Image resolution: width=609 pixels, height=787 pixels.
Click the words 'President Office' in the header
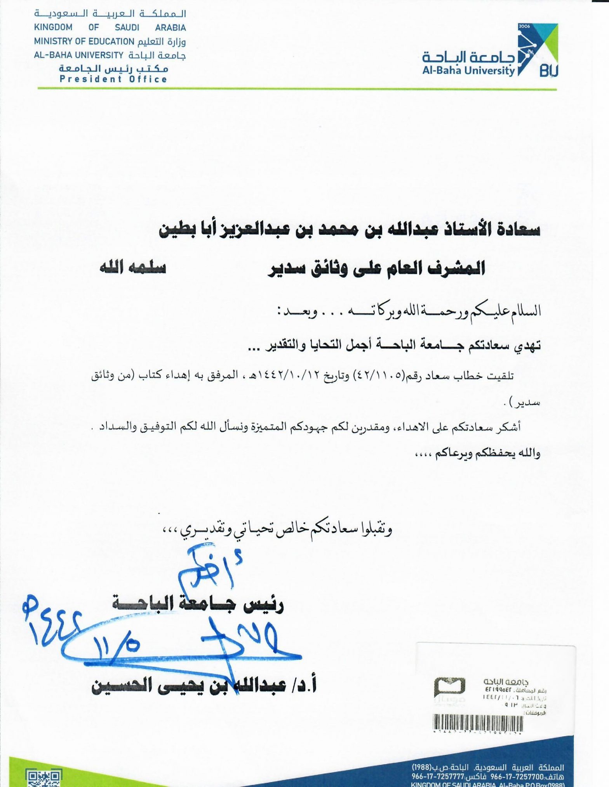tap(113, 79)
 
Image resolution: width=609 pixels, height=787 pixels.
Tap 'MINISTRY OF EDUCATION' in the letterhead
tap(84, 42)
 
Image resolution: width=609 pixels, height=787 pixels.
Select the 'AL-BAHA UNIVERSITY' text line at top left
tap(78, 55)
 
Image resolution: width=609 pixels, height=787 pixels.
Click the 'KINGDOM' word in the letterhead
tap(53, 28)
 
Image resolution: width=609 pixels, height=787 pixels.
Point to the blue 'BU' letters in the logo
tap(548, 71)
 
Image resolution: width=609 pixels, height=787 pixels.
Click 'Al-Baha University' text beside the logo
tap(468, 71)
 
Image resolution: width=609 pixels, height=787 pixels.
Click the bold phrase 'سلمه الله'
tap(132, 268)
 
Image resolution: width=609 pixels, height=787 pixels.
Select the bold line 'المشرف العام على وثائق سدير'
tap(376, 268)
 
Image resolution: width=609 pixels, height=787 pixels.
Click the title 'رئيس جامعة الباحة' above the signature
tap(198, 604)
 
